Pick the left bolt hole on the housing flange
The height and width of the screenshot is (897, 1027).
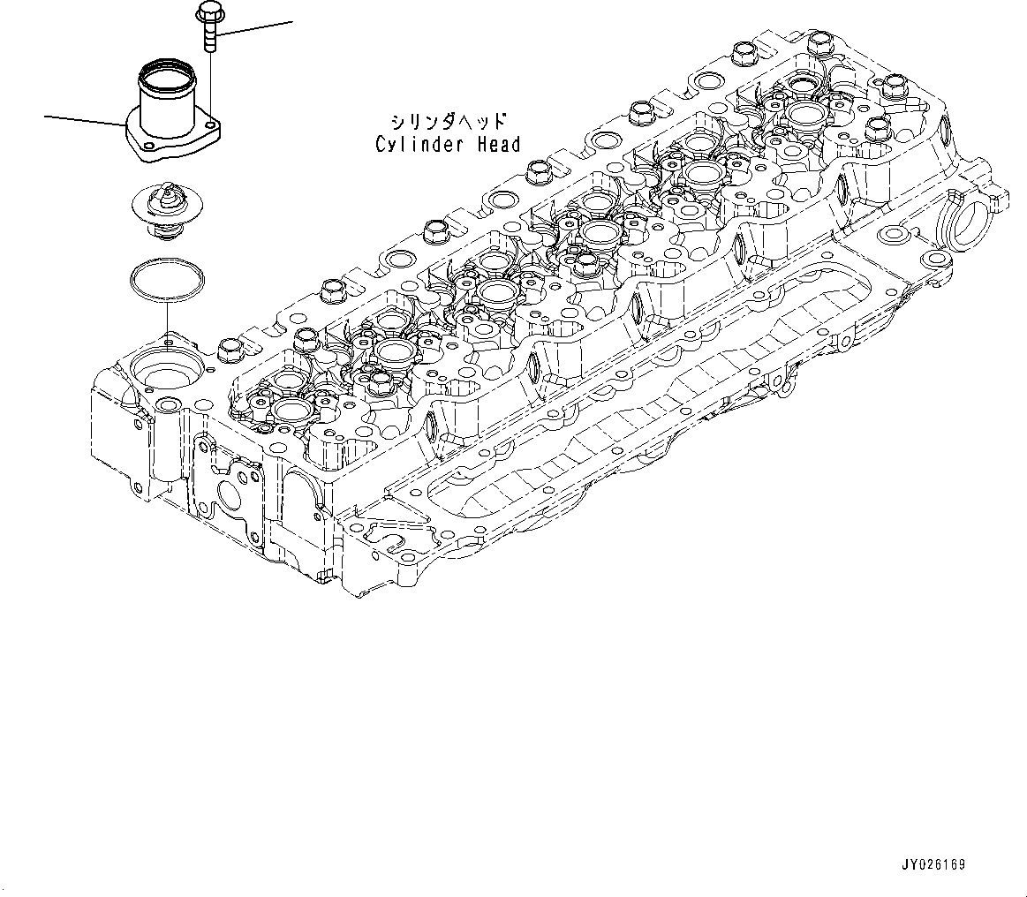coord(148,147)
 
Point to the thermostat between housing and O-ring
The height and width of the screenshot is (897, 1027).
coord(165,208)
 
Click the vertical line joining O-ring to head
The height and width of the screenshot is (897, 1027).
coord(165,318)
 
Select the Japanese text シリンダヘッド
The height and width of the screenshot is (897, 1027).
coord(448,121)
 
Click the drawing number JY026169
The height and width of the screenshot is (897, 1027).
coord(933,865)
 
